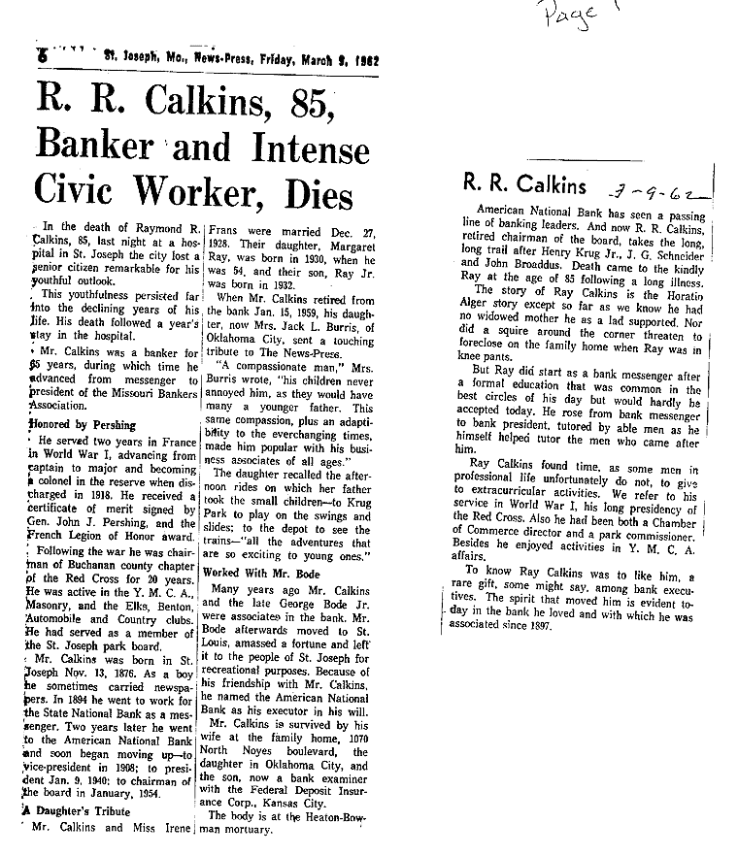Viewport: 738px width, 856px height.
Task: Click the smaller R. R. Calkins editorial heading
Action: pos(524,184)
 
